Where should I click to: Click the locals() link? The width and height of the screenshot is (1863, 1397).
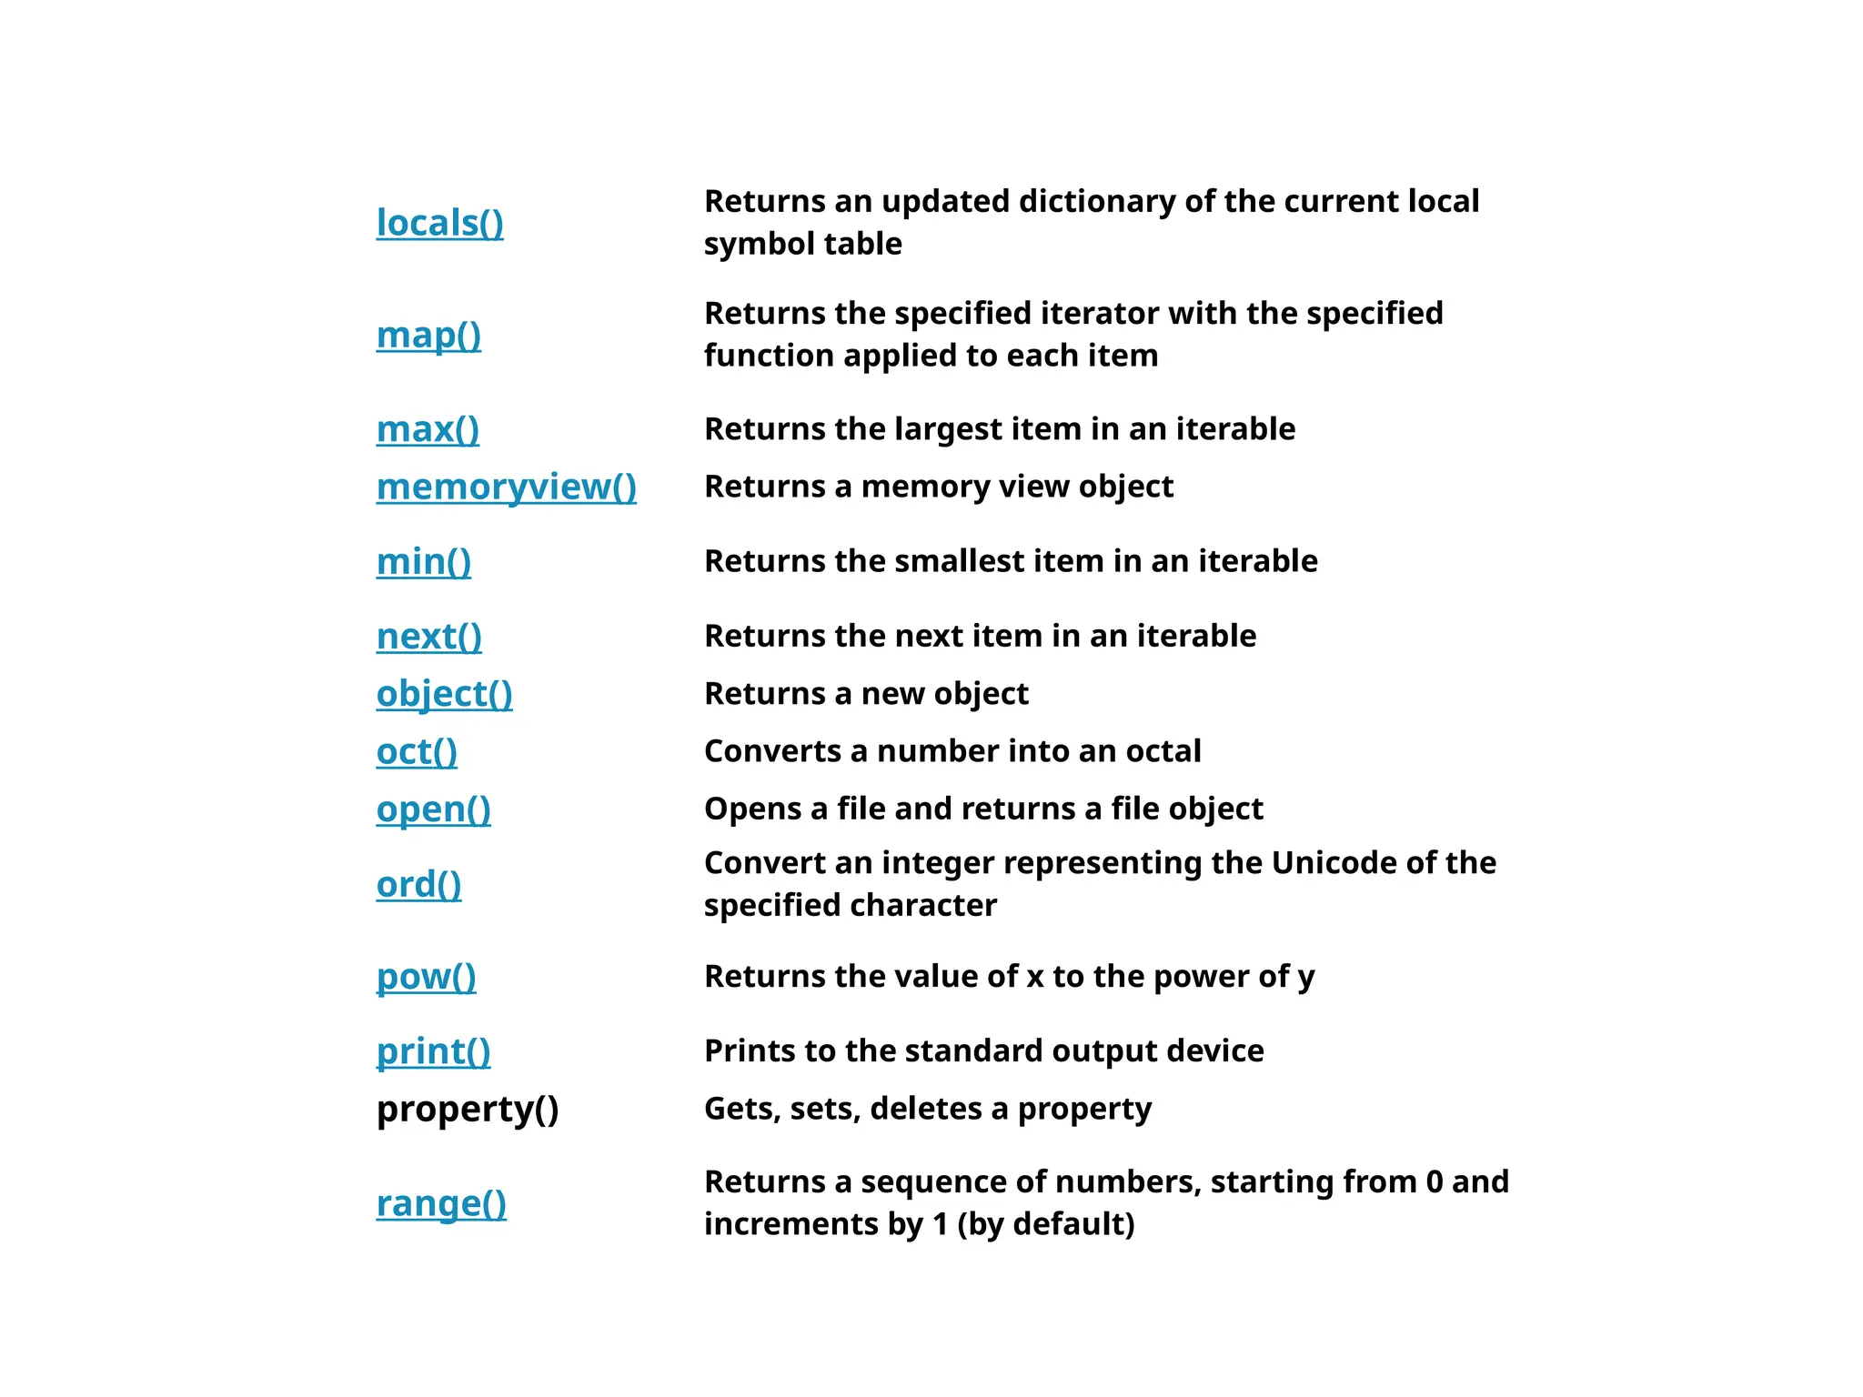439,223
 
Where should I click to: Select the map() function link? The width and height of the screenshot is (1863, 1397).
428,335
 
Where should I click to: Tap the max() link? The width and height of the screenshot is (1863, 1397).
428,429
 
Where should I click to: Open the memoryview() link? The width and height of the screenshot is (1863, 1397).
506,487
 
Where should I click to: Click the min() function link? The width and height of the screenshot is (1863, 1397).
424,561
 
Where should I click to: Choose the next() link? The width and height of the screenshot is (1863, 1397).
428,636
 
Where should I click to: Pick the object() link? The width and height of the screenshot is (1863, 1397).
444,694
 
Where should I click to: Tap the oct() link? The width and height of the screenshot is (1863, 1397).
417,751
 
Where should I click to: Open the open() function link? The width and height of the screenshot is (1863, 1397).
433,809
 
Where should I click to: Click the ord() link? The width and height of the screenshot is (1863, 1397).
418,884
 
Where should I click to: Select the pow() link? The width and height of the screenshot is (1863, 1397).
426,977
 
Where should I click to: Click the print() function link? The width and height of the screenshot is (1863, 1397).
433,1051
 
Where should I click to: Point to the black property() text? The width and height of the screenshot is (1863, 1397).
468,1109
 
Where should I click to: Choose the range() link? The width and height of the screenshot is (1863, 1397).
441,1203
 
